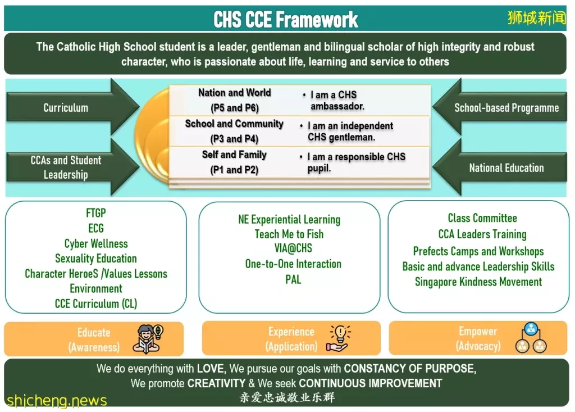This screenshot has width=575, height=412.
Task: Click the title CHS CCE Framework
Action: pos(286,19)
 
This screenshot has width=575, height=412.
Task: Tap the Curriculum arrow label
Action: pos(66,107)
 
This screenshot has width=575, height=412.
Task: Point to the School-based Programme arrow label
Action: pos(506,107)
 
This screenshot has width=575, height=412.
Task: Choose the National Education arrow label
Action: pos(506,168)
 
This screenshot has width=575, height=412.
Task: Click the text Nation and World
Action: pos(235,93)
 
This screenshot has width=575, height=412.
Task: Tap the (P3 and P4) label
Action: pos(234,139)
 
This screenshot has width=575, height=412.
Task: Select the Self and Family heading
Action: pos(234,155)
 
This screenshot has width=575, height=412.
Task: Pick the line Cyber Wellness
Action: pos(96,243)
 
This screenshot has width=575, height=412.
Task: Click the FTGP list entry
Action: pos(95,213)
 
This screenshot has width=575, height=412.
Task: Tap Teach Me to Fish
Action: pos(289,234)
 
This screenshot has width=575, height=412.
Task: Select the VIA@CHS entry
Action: pos(293,248)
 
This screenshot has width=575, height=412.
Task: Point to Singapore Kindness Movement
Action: pos(478,282)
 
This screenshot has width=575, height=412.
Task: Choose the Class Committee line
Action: pos(482,218)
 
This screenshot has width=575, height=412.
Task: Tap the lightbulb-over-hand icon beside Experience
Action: pos(338,338)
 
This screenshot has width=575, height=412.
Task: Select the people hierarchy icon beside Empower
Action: pos(531,337)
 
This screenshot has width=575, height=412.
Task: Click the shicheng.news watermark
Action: pos(57,400)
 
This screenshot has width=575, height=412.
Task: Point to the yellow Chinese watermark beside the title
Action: pos(537,17)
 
